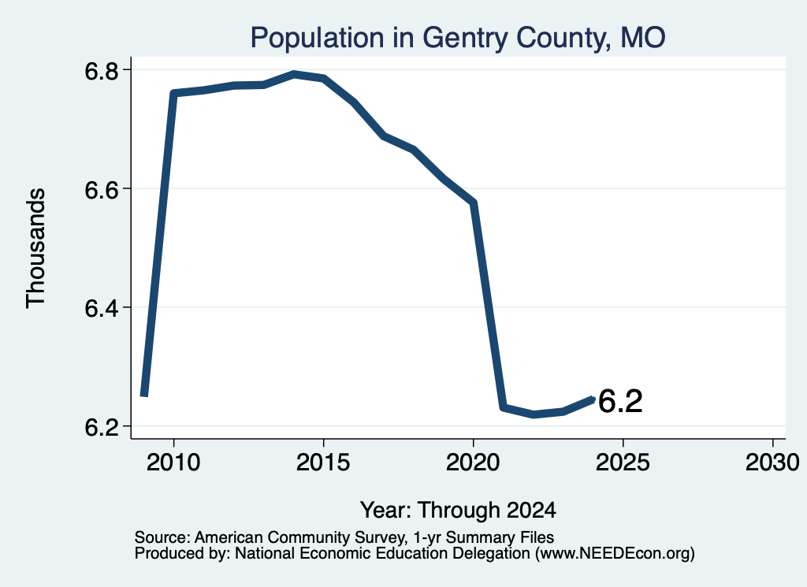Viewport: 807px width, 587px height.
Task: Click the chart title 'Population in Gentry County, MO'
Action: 458,38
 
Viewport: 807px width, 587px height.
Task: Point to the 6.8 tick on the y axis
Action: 102,71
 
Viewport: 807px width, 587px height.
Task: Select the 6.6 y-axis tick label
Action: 102,190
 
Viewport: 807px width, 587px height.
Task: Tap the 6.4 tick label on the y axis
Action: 102,308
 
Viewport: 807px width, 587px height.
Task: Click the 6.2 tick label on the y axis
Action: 102,427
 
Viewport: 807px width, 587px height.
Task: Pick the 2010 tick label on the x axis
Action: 173,463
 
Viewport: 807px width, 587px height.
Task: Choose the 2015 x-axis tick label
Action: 323,463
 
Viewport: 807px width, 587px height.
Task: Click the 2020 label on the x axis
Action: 473,463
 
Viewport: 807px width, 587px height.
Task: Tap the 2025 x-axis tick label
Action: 623,463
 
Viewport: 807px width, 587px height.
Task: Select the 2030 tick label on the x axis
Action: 772,463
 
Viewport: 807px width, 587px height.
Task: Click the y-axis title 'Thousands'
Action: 36,248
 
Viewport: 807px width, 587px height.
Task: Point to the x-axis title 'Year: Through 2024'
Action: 458,510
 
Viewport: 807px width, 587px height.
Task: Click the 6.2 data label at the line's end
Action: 620,401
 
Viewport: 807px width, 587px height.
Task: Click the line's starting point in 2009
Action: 144,394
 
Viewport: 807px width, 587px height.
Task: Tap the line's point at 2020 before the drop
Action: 473,202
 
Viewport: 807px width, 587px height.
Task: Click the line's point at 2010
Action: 173,94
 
